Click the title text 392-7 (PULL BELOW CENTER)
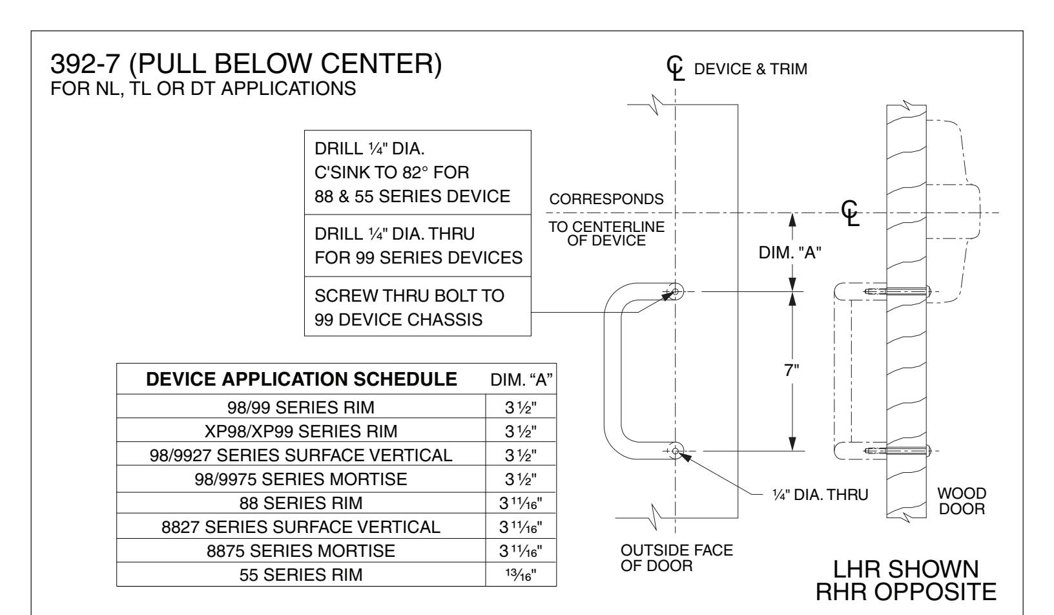pos(246,63)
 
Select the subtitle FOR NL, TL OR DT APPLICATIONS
pos(203,89)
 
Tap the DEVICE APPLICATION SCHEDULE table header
pos(301,379)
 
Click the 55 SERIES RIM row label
pos(301,574)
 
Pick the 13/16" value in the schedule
pos(521,574)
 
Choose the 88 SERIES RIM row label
pos(301,503)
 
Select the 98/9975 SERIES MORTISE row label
pos(301,479)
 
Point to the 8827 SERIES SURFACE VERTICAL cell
pos(301,527)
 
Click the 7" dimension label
pos(791,370)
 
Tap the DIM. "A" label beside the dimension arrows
pos(790,253)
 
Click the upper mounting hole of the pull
pos(676,291)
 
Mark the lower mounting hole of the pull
pos(676,451)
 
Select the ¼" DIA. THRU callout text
pos(820,495)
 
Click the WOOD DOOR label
pos(961,501)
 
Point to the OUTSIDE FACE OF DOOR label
pos(677,558)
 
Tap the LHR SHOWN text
pos(905,569)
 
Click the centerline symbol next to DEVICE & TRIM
pos(676,68)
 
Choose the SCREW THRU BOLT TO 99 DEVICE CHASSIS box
pos(418,306)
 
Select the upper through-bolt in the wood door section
pos(898,291)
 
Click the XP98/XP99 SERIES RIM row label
pos(301,431)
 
